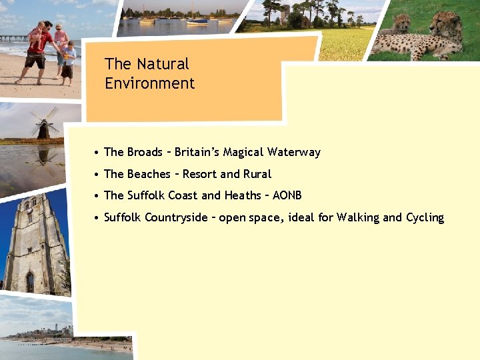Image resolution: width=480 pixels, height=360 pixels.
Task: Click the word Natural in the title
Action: pos(163,64)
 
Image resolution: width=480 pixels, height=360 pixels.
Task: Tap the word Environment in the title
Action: pos(149,83)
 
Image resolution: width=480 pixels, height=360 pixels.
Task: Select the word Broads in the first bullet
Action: pos(145,152)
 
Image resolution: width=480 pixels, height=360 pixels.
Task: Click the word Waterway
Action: pos(293,152)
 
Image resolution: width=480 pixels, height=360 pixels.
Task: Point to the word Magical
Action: pos(243,152)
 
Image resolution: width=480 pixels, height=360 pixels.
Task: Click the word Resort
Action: pos(199,174)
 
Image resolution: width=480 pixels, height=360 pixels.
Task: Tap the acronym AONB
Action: pos(287,195)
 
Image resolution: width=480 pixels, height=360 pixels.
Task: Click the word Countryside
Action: pos(176,217)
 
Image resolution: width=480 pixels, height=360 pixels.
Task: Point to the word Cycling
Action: pos(425,217)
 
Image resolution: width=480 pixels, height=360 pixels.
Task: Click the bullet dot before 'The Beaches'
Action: pos(97,175)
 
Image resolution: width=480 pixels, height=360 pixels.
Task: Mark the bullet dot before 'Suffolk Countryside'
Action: pos(97,218)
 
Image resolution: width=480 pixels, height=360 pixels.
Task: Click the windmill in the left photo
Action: pos(43,124)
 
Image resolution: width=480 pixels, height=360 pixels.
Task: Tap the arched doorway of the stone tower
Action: pos(30,281)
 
